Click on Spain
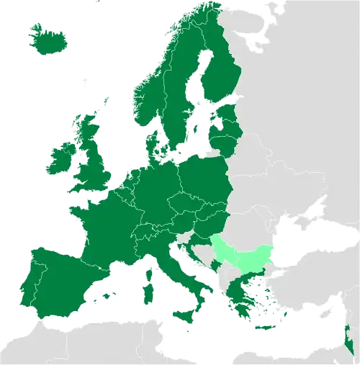click(x=58, y=281)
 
